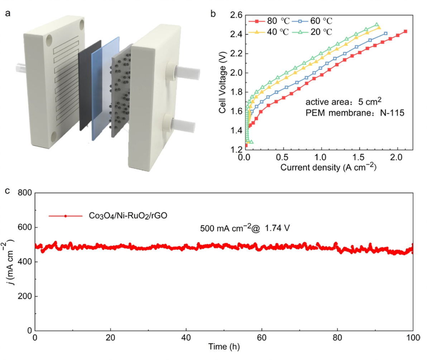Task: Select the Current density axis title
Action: click(x=328, y=167)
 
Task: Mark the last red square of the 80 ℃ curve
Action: click(x=405, y=31)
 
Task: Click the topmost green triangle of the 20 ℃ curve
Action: click(x=376, y=25)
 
